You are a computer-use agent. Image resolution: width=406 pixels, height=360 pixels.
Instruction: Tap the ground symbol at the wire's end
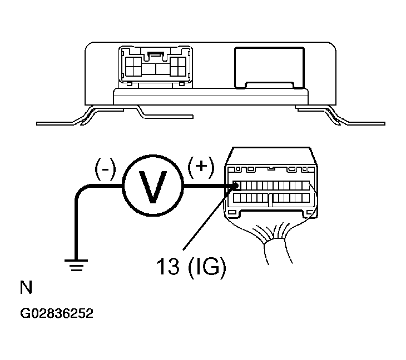coord(76,265)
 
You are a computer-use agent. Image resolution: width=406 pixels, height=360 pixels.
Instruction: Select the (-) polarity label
coord(105,169)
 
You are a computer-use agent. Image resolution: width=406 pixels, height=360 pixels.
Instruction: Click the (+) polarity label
coord(201,167)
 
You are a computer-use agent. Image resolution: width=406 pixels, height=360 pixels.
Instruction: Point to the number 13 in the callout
coord(168,266)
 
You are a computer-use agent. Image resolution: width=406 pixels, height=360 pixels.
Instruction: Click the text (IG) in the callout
coord(207,267)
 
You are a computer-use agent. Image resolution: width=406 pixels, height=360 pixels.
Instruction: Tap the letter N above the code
coord(26,287)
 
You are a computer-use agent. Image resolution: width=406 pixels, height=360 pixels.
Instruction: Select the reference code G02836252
coord(57,313)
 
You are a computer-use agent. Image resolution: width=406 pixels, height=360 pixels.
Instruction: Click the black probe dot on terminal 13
coord(236,186)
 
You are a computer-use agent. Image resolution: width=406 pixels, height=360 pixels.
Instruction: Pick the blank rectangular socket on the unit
coord(269,68)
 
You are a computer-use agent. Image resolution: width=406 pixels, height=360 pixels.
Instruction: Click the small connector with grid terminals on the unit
coord(156,67)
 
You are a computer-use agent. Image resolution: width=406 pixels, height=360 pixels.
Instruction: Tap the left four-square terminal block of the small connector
coord(133,66)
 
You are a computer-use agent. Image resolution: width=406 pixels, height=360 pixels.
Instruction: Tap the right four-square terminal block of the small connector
coord(178,66)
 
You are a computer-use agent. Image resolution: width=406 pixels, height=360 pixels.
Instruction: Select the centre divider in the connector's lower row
coord(270,199)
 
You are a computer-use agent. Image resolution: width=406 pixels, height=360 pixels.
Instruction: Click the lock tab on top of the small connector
coord(156,54)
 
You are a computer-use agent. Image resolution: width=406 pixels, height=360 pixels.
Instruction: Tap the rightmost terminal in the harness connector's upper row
coord(306,186)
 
